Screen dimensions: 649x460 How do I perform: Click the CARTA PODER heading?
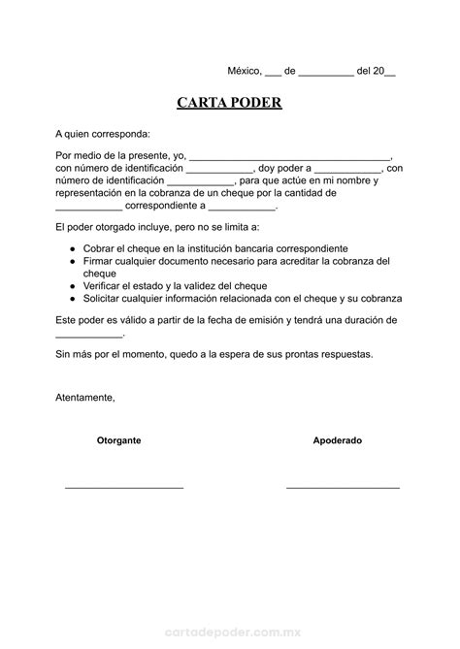coord(229,103)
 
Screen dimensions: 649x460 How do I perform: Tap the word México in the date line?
coord(245,71)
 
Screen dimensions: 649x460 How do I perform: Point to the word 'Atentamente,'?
coord(85,398)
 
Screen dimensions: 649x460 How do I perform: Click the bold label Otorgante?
coord(119,440)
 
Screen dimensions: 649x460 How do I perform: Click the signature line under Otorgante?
coord(124,486)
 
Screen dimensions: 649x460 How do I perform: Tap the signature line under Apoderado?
coord(343,486)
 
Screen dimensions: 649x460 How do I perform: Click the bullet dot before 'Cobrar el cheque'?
coord(74,249)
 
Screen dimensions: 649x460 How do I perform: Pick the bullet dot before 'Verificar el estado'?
coord(74,286)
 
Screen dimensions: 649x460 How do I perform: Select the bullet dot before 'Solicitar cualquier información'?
coord(74,299)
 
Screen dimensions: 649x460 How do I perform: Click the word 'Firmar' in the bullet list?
coord(99,262)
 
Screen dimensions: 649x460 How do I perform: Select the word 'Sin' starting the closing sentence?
coord(64,355)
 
